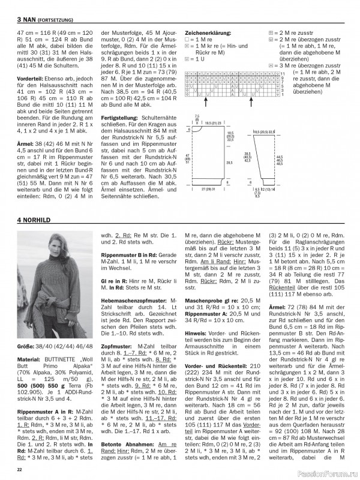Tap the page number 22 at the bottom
pyautogui.click(x=19, y=469)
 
